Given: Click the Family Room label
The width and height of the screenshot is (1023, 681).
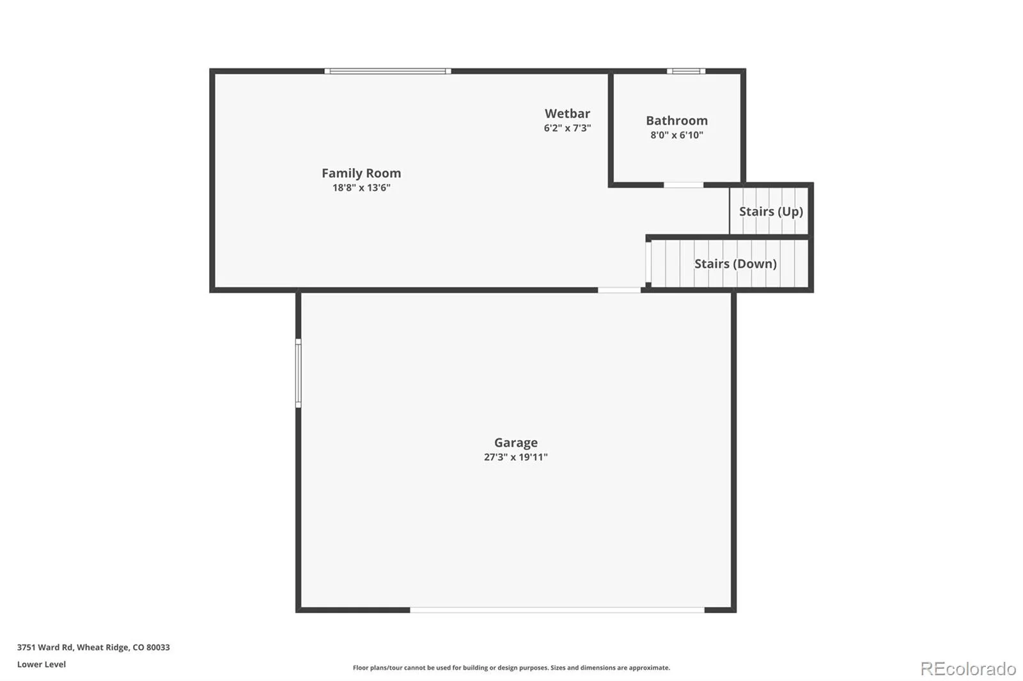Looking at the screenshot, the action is tap(361, 173).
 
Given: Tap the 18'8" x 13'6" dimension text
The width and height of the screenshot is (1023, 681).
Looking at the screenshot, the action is tap(361, 188).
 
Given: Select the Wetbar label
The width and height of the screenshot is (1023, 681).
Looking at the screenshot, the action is tap(567, 113).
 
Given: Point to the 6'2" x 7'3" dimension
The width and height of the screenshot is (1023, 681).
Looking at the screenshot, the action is tap(567, 128).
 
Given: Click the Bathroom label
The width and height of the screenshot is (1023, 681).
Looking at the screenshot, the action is tap(677, 121).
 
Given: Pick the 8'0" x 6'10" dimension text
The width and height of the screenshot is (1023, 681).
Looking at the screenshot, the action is tap(677, 135).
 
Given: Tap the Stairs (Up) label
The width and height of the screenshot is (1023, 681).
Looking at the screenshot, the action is tap(771, 211).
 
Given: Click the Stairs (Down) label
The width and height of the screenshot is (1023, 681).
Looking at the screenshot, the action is tap(735, 263).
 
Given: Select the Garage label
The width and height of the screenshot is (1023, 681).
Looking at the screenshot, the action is tap(515, 442).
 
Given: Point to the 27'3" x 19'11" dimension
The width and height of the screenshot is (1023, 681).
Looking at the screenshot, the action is tap(515, 457).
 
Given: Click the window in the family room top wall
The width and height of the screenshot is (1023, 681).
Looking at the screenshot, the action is tap(387, 71).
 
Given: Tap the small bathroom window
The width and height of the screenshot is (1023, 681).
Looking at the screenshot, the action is tap(686, 71).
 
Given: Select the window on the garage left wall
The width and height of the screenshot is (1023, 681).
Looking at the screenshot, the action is tap(298, 373).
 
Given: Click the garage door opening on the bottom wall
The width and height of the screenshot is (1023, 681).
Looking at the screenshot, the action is tap(557, 610).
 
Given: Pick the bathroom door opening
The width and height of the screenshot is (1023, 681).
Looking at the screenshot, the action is tap(683, 185).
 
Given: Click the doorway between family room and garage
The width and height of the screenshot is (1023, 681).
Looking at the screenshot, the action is tap(620, 290).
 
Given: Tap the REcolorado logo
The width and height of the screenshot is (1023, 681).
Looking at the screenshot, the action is tap(968, 669).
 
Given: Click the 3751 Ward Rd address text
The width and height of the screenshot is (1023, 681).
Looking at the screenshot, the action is tap(93, 647).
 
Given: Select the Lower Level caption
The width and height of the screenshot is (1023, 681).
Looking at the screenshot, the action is tap(42, 664).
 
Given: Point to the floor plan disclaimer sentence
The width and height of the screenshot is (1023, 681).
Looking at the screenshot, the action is tap(511, 668).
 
